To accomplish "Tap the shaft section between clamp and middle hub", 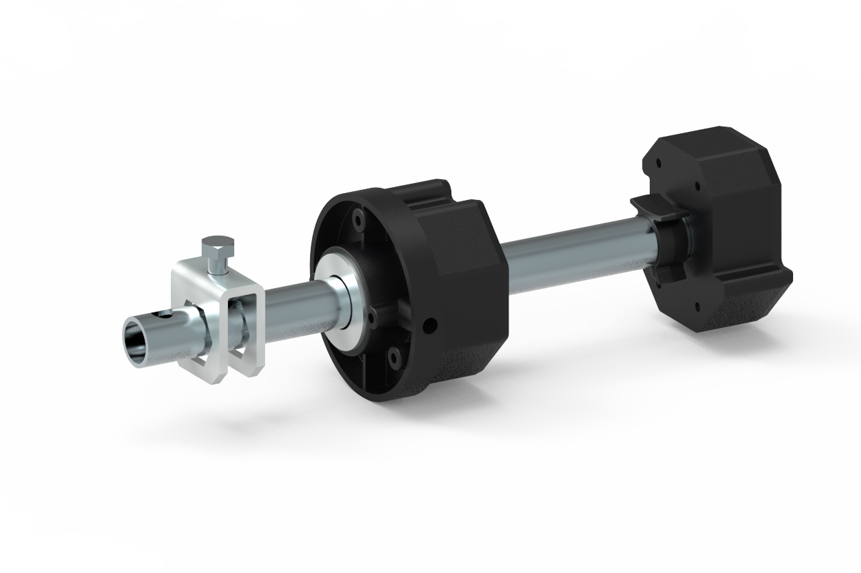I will click(289, 303).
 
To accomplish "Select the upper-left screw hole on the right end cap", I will click(657, 162).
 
